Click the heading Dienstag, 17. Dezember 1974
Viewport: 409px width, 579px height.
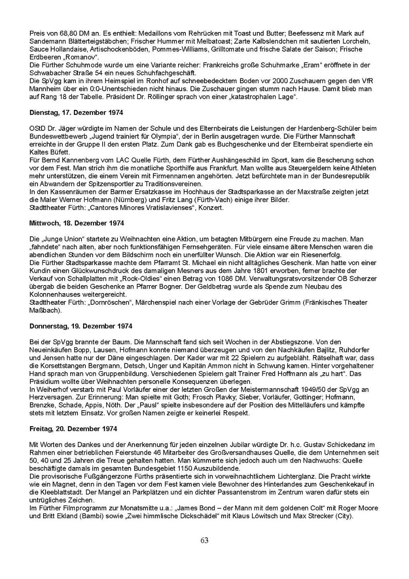76,113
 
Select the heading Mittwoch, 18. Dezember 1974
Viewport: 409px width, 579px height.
77,223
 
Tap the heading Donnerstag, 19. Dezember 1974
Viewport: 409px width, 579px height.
81,326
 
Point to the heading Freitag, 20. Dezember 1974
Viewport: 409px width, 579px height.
73,429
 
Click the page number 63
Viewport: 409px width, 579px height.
204,541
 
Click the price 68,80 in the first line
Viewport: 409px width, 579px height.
63,34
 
